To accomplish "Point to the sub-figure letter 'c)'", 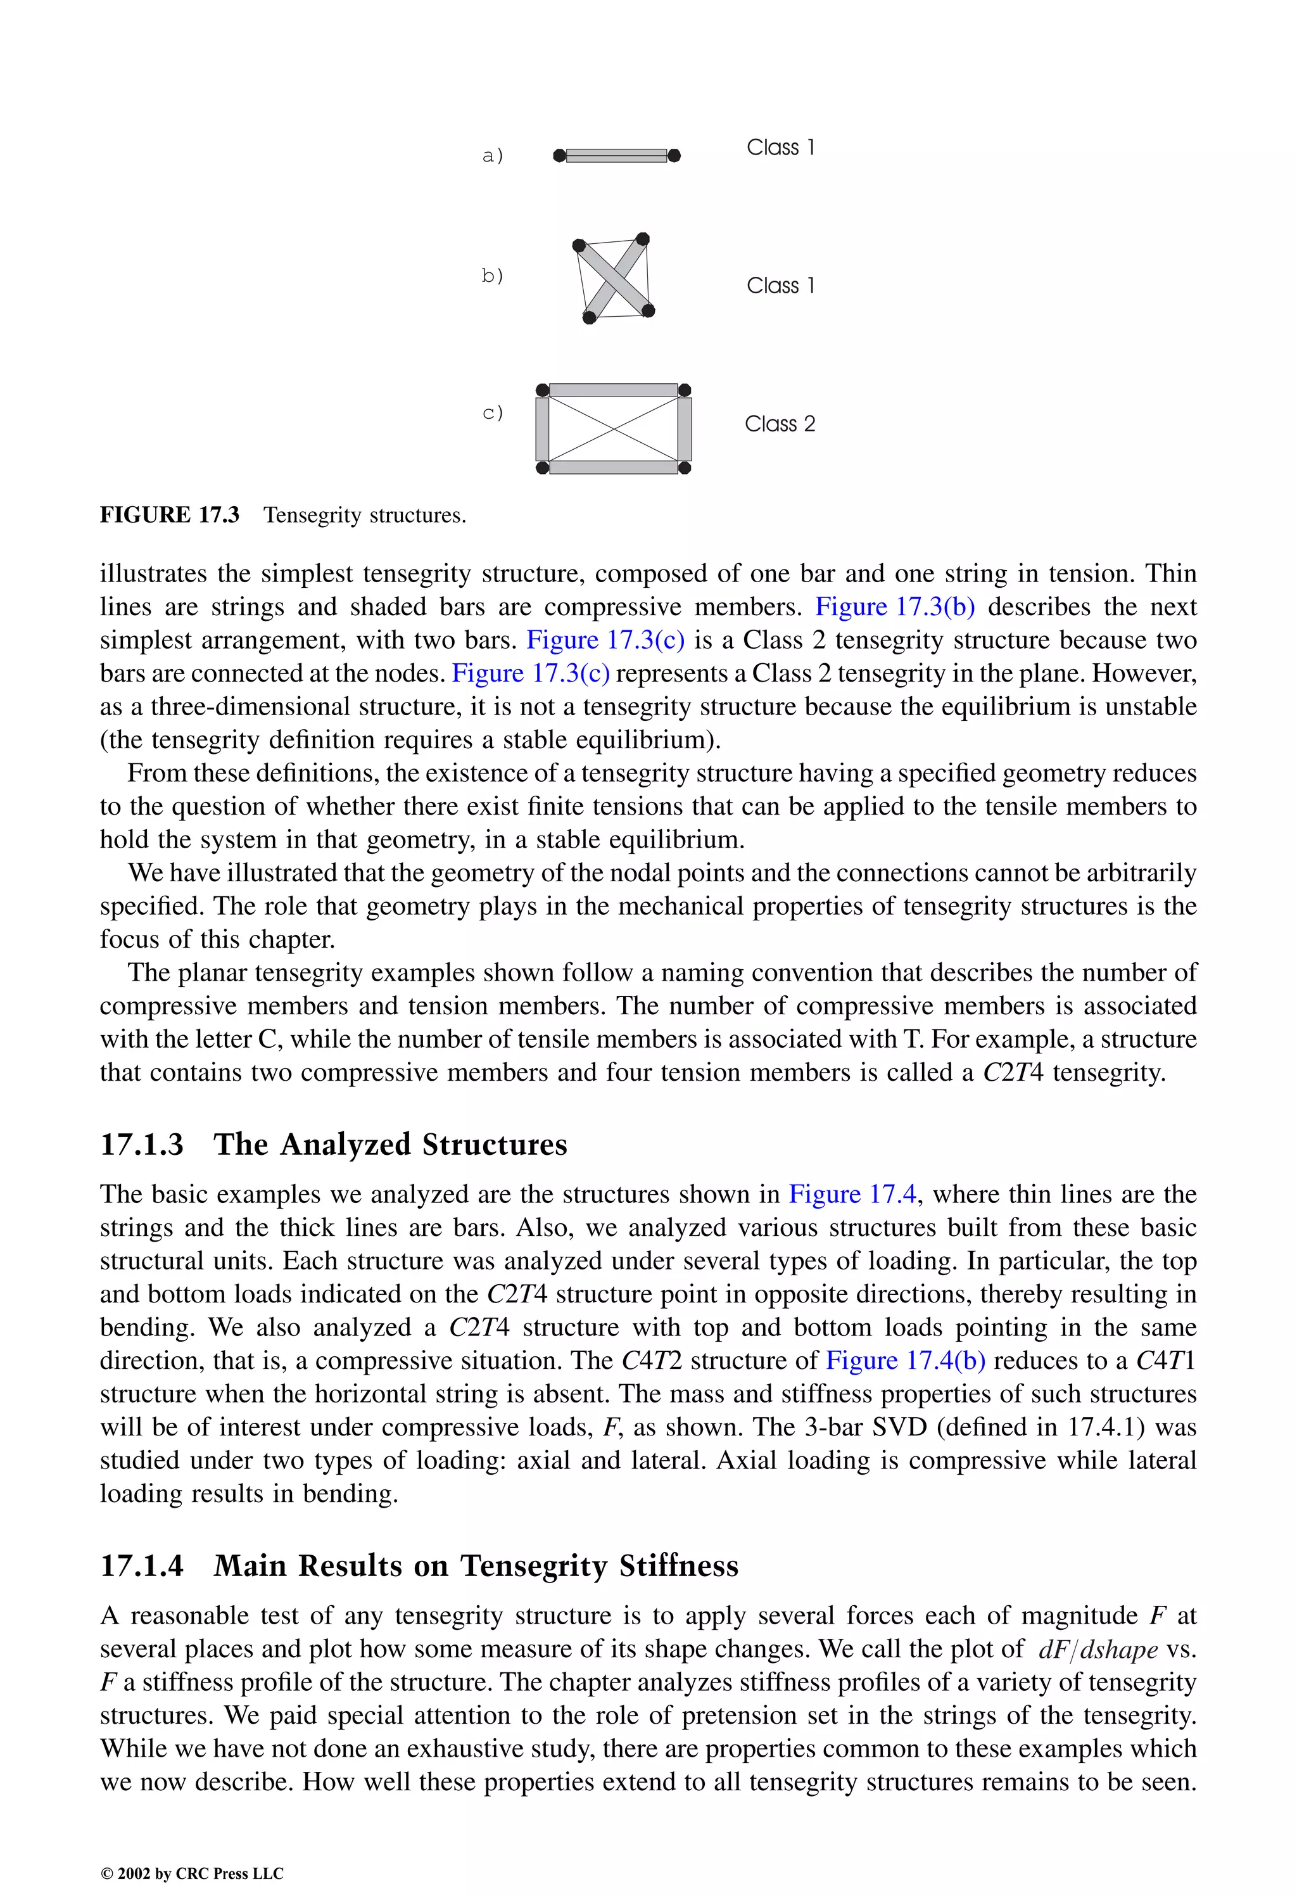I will point(492,413).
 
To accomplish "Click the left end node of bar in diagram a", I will point(559,155).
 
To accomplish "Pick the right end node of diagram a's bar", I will point(674,155).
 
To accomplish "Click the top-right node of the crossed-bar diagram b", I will point(642,239).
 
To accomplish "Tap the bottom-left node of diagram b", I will point(590,317).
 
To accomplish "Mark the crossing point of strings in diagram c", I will point(614,428).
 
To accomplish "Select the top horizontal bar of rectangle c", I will point(614,390).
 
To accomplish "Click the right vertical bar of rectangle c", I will point(685,428).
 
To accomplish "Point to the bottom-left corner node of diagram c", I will point(543,468).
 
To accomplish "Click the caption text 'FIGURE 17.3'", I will point(170,515).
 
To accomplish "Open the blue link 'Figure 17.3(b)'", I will point(895,607).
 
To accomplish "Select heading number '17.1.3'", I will point(142,1145).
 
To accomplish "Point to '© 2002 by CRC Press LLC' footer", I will point(192,1873).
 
